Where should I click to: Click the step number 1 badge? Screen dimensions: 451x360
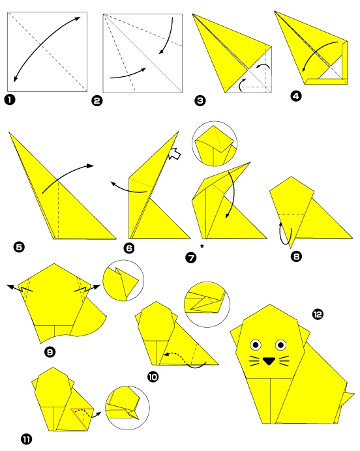point(10,100)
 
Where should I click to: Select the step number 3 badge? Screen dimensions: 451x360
point(200,100)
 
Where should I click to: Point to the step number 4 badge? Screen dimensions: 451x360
point(296,96)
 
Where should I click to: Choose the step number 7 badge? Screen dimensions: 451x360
point(191,257)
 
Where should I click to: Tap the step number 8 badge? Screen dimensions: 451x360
point(297,256)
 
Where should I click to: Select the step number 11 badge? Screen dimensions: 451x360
point(26,439)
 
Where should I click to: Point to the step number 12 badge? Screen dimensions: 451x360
point(318,315)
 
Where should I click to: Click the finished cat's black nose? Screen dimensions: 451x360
point(269,359)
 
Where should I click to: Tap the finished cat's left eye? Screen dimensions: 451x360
point(255,344)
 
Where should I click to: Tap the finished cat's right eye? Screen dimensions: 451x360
point(282,344)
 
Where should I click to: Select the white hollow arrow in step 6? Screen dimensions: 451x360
point(174,154)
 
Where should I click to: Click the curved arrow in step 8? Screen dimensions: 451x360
point(282,233)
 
